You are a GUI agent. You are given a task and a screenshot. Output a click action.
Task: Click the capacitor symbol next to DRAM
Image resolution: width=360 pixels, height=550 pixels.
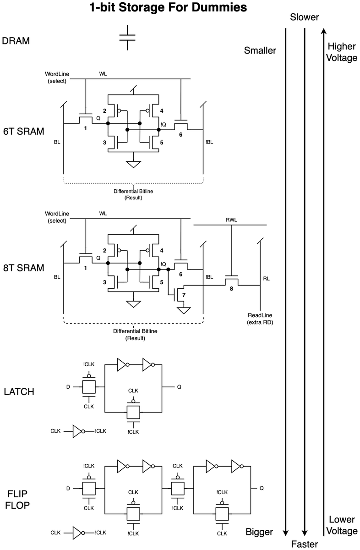(127, 38)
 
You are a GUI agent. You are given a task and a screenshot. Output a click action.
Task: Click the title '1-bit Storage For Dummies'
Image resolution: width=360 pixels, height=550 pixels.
(168, 7)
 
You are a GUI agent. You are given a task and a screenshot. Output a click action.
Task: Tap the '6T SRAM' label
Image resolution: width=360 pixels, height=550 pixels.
(23, 132)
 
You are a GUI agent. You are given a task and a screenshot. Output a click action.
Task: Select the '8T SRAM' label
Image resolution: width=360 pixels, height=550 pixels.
(23, 268)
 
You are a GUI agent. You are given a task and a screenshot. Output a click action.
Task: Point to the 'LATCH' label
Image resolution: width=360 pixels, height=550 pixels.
(19, 391)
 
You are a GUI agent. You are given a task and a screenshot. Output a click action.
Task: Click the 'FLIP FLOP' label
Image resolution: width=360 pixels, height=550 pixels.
(17, 500)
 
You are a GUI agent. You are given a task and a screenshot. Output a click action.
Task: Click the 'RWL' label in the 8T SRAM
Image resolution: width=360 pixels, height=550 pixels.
(231, 220)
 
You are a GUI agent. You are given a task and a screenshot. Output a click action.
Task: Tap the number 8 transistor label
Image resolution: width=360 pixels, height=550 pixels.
(231, 289)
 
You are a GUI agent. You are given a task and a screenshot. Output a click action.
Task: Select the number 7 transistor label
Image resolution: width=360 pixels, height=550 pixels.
(184, 295)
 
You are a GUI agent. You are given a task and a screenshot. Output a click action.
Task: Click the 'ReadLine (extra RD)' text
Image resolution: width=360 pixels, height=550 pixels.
(260, 319)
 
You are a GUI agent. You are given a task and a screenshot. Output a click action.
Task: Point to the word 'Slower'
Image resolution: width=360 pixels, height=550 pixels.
(304, 17)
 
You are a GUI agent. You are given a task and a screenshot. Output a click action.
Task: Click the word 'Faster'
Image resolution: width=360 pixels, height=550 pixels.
(304, 544)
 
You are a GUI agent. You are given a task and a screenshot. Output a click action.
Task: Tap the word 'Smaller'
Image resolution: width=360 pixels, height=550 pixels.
(260, 50)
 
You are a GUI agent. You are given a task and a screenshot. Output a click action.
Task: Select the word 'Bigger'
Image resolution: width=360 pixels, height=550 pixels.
(259, 532)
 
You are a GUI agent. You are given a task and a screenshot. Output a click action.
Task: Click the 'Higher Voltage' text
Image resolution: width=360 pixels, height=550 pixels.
(342, 52)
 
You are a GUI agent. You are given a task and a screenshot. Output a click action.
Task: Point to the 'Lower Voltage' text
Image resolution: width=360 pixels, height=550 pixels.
(342, 525)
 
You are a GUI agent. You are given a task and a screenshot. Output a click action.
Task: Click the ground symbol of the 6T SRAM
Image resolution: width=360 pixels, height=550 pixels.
(133, 164)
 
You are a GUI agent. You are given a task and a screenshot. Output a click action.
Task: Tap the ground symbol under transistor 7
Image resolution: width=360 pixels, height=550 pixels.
(184, 310)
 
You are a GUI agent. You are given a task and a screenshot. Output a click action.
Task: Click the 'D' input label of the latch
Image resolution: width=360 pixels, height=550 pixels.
(68, 387)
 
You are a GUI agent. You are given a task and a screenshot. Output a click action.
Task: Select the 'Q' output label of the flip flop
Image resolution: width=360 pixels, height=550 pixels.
(262, 488)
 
